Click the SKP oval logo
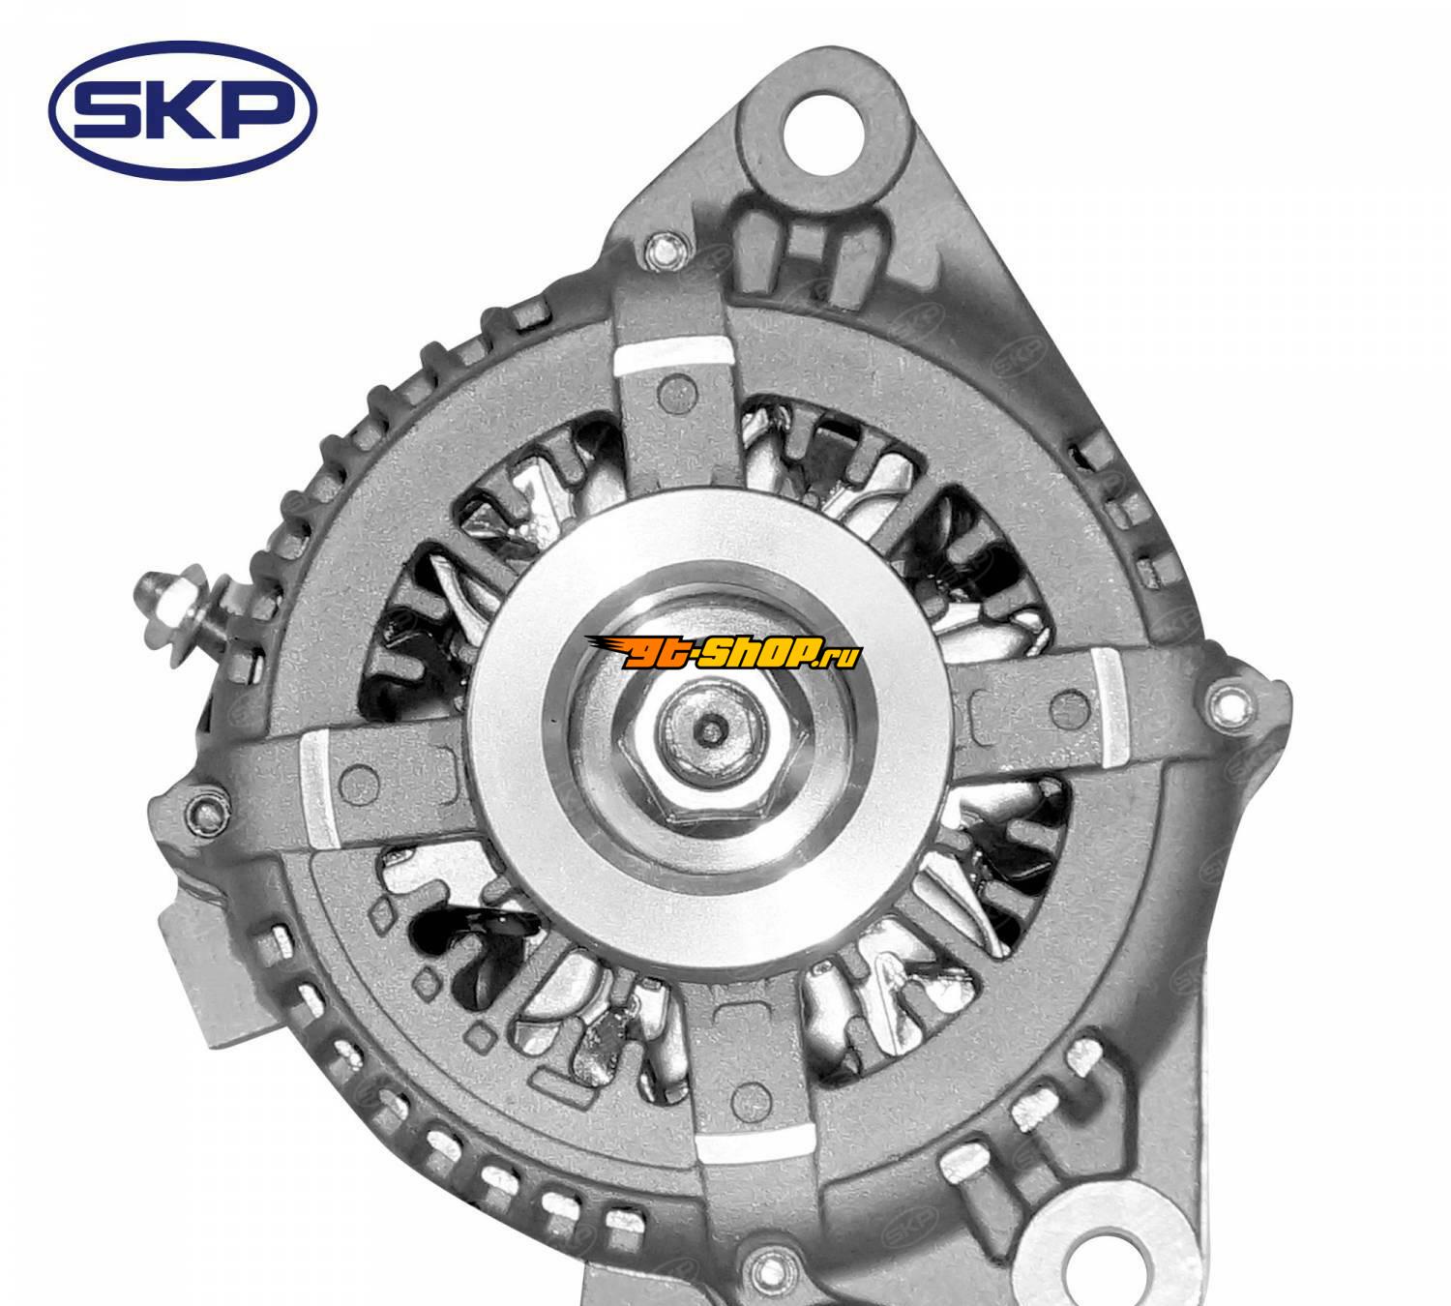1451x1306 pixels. (x=182, y=110)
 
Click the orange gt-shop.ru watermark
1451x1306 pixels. (x=723, y=655)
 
